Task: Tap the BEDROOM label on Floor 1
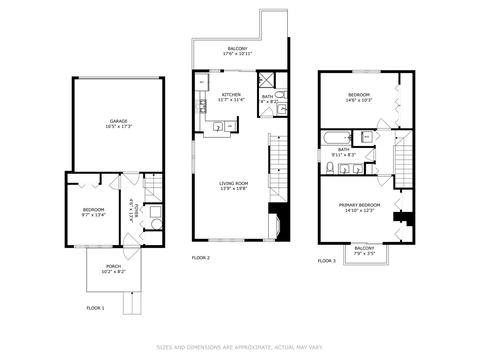[x=93, y=210]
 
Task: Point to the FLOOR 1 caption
[x=95, y=307]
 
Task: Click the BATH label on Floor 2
[x=268, y=97]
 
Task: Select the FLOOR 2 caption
[x=201, y=257]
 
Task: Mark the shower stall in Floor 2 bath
[x=268, y=81]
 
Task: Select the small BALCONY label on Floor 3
[x=364, y=250]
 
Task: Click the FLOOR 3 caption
[x=327, y=260]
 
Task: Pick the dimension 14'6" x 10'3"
[x=359, y=101]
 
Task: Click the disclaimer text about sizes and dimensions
[x=239, y=348]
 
